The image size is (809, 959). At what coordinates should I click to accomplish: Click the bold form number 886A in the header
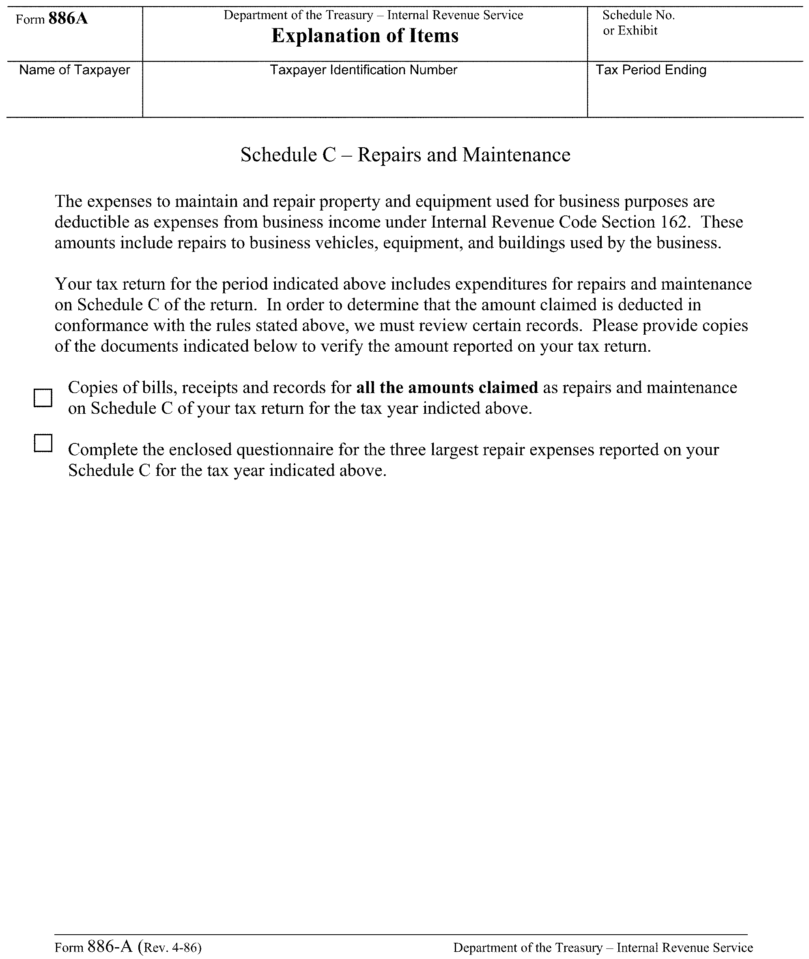[x=68, y=18]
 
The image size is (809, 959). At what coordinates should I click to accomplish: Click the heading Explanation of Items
[x=365, y=36]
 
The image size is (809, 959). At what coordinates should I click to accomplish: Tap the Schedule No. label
[x=638, y=15]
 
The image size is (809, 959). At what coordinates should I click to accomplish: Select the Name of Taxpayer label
[x=75, y=70]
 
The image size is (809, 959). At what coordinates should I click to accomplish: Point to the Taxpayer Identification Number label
[x=363, y=70]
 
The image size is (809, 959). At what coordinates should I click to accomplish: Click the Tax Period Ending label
[x=650, y=70]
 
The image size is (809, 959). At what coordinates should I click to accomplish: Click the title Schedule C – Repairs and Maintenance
[x=405, y=155]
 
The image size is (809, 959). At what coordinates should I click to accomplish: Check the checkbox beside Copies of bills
[x=43, y=398]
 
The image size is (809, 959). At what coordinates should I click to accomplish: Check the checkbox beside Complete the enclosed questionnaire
[x=43, y=443]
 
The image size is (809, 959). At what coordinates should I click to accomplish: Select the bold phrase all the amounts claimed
[x=447, y=387]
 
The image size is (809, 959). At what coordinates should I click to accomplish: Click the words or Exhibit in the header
[x=630, y=31]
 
